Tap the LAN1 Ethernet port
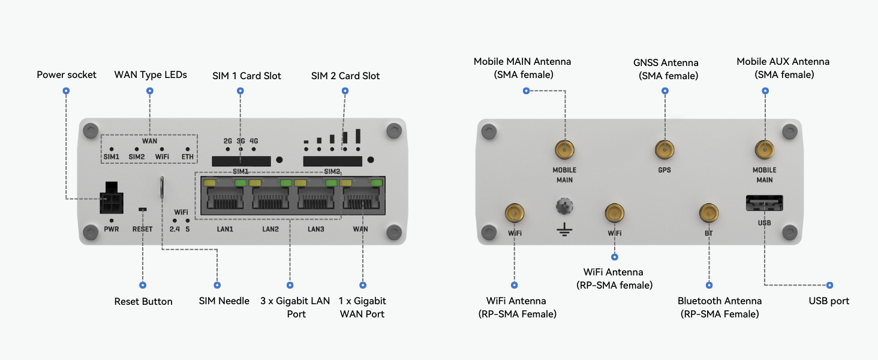coord(224,195)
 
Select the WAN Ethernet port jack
coord(362,195)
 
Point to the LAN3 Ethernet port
coord(316,195)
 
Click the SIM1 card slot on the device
coord(241,161)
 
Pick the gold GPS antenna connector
coord(664,150)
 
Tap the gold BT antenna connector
coord(709,214)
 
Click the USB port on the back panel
coord(764,203)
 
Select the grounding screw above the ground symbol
coord(564,206)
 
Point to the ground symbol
coord(564,229)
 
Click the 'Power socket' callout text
coord(66,74)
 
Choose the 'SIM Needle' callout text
coord(224,301)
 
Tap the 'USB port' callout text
coord(829,301)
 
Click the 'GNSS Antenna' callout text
coord(666,62)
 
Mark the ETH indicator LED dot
coord(187,149)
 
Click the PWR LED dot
coord(112,221)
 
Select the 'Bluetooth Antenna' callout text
coord(720,301)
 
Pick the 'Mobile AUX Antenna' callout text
coord(783,61)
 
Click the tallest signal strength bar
coord(358,136)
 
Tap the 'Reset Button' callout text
coord(143,301)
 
